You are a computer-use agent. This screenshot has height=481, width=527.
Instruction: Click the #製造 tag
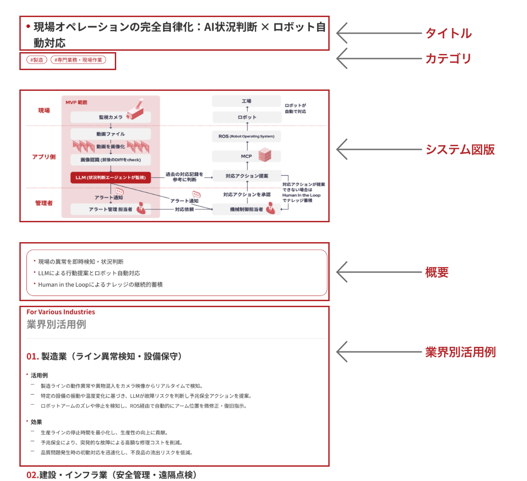click(x=37, y=59)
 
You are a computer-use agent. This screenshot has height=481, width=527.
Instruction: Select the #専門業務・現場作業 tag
click(x=78, y=59)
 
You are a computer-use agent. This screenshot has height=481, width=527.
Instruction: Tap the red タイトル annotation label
click(x=448, y=33)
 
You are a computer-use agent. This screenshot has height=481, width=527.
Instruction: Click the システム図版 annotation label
click(x=460, y=149)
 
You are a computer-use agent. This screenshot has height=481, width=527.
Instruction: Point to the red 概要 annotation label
click(x=437, y=272)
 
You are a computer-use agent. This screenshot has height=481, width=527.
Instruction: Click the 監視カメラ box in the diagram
click(x=111, y=117)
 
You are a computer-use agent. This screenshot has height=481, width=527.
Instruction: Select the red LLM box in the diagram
click(x=111, y=177)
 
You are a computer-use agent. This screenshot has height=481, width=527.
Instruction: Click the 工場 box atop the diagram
click(x=247, y=101)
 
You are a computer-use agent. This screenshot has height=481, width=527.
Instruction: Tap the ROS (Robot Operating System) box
click(x=247, y=137)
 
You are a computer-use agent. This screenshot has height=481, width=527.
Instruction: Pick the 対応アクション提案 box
click(x=247, y=176)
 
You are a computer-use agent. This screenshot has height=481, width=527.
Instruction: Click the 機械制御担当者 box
click(x=247, y=209)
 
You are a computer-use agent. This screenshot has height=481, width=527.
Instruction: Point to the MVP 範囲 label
click(x=76, y=102)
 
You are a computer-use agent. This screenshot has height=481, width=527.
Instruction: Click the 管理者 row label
click(x=44, y=202)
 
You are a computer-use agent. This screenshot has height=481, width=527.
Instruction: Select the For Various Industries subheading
click(x=61, y=312)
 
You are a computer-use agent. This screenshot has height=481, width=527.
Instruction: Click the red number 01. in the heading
click(x=33, y=356)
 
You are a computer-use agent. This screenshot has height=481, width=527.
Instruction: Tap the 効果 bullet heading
click(x=36, y=422)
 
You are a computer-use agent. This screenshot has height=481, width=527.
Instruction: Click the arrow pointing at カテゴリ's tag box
click(x=378, y=59)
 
